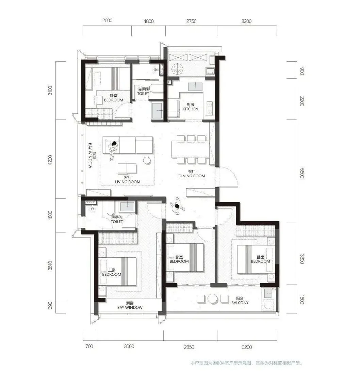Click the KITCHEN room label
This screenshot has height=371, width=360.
coord(191,109)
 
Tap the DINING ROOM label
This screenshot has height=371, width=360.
coord(192,176)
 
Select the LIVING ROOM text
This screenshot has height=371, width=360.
coord(128,182)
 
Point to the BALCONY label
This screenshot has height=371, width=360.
coord(240,303)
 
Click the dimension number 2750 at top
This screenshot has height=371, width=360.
coord(191,21)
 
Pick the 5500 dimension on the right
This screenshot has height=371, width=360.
coord(302,173)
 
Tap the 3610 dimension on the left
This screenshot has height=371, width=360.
coord(50,266)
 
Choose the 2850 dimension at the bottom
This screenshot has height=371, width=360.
coord(189,347)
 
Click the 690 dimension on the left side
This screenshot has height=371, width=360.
coord(50,305)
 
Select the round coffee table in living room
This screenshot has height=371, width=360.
coord(147,161)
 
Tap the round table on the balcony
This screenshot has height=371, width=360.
coord(212,299)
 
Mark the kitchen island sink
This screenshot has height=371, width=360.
coord(195,87)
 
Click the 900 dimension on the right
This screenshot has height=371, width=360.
coord(302,71)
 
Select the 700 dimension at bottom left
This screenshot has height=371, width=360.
coord(89,346)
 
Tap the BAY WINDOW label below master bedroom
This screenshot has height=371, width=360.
coord(130,308)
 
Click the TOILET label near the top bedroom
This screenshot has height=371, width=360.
coord(143,94)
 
